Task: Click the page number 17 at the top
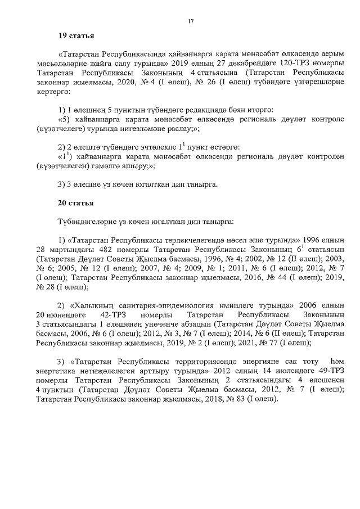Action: tap(191, 21)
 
